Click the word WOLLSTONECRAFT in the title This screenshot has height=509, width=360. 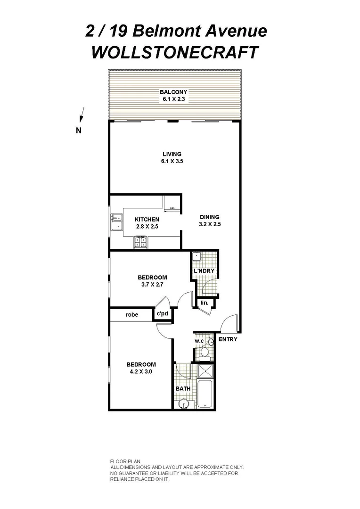(175, 52)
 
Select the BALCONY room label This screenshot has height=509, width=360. (173, 92)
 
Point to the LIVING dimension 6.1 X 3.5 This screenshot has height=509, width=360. (172, 161)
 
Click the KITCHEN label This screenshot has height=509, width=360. (147, 220)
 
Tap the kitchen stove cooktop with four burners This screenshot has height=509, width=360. (140, 242)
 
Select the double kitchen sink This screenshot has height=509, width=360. (116, 222)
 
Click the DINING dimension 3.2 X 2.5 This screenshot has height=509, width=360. (210, 224)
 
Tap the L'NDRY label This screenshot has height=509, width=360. (204, 271)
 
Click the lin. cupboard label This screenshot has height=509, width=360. (204, 303)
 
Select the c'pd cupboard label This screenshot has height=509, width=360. (163, 314)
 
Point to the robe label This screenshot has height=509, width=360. (132, 314)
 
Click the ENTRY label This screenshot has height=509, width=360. (228, 339)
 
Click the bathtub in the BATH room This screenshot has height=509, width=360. (205, 394)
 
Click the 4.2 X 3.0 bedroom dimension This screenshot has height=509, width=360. (140, 371)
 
